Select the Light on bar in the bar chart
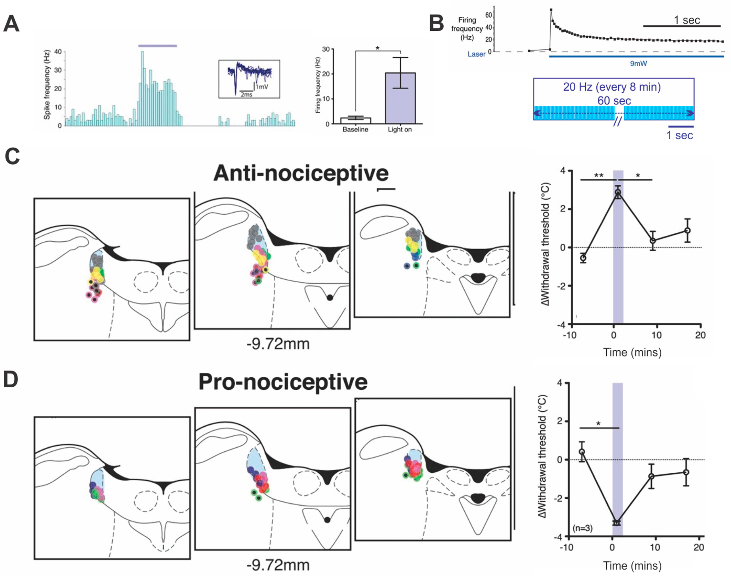coord(400,98)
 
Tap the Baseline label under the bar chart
coord(355,129)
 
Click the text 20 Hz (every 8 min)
coord(612,87)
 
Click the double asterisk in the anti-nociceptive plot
coord(599,176)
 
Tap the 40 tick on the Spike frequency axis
coord(58,52)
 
